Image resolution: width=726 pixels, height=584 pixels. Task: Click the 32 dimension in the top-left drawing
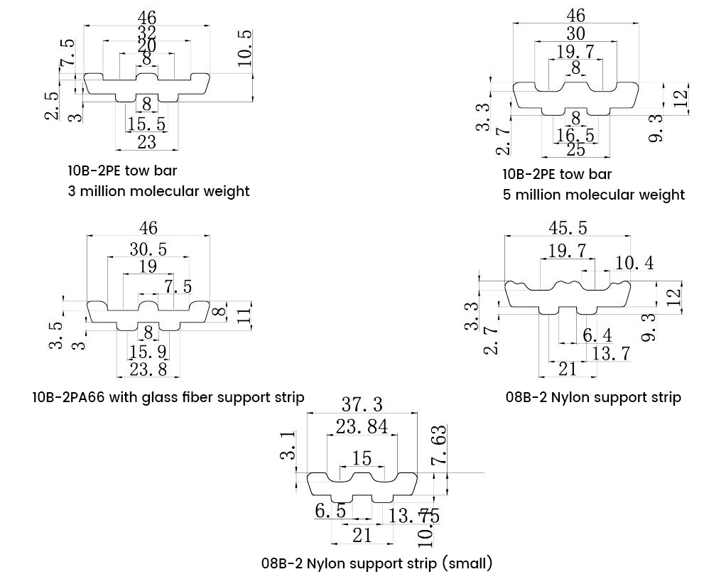(146, 33)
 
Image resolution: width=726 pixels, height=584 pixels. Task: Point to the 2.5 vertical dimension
(53, 106)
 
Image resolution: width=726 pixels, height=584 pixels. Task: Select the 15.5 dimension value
(146, 124)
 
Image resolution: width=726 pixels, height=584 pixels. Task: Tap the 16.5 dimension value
(575, 135)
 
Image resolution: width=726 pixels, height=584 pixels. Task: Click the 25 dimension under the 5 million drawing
(575, 149)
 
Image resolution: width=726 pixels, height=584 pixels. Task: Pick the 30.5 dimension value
(148, 249)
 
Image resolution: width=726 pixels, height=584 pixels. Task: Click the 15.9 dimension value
(148, 352)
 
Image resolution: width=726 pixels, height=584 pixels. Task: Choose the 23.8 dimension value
(148, 369)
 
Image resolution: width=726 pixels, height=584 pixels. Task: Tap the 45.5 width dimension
(568, 228)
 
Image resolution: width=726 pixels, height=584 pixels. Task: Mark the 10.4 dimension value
(634, 263)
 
